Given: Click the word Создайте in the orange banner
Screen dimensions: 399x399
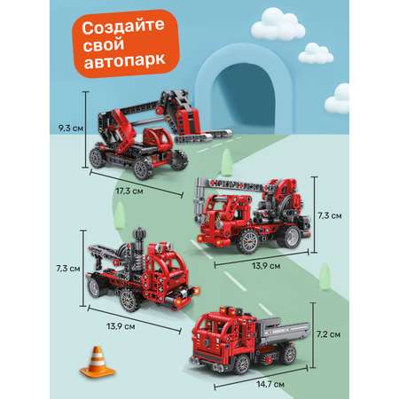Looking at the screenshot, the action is pyautogui.click(x=123, y=27).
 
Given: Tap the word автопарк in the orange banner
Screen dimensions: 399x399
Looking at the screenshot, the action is pyautogui.click(x=124, y=60).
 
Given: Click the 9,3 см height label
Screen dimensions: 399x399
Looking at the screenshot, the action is pyautogui.click(x=71, y=129).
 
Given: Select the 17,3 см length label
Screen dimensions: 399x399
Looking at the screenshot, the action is pyautogui.click(x=129, y=191).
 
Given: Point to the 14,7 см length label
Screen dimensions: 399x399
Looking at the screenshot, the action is pyautogui.click(x=270, y=384).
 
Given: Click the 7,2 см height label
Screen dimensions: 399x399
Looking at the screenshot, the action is pyautogui.click(x=328, y=334).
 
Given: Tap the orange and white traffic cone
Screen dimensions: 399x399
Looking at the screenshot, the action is pyautogui.click(x=97, y=362).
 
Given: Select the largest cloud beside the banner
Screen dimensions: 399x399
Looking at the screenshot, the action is pyautogui.click(x=278, y=25).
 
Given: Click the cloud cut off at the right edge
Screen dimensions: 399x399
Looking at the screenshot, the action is pyautogui.click(x=338, y=99).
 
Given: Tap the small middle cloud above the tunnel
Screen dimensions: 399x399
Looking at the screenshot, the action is pyautogui.click(x=316, y=53).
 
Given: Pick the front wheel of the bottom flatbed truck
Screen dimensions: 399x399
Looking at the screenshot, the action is pyautogui.click(x=241, y=364).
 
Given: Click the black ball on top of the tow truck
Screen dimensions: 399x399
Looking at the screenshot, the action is pyautogui.click(x=139, y=234).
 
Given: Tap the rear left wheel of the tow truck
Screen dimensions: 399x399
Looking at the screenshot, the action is pyautogui.click(x=95, y=287).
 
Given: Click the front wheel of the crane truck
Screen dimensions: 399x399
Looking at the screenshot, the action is pyautogui.click(x=247, y=241).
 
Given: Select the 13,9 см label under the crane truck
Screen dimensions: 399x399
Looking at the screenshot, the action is pyautogui.click(x=266, y=266).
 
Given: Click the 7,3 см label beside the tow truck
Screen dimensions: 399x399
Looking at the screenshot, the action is pyautogui.click(x=68, y=269).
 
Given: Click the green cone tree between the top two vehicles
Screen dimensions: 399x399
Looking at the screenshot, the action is pyautogui.click(x=227, y=162).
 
